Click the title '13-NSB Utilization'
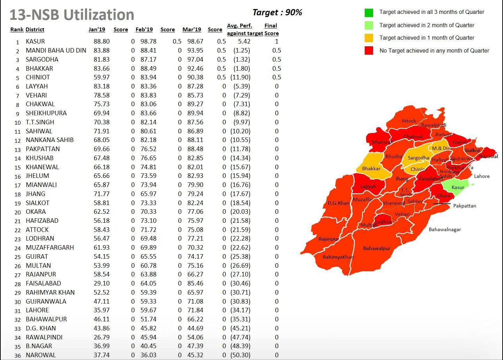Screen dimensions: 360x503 (x=72, y=15)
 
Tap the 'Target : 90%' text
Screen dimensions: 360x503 (x=277, y=13)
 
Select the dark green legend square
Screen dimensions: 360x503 (x=369, y=13)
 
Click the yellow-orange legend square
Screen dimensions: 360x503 (x=369, y=38)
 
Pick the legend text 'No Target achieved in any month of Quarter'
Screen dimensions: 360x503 (x=434, y=51)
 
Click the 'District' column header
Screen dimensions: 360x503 (x=35, y=30)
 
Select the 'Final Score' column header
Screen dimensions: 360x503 (x=271, y=30)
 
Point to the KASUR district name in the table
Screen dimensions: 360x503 (x=35, y=41)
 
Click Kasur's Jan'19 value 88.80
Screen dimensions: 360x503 (x=102, y=41)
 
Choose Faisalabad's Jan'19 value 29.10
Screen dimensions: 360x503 (x=102, y=283)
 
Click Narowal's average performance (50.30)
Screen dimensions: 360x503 (x=240, y=355)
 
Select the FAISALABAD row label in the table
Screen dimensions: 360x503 (x=43, y=283)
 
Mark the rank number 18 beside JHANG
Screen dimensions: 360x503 (x=17, y=194)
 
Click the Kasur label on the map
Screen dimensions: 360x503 (x=458, y=187)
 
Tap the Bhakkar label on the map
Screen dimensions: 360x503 (x=371, y=169)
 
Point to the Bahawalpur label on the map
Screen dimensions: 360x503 (x=377, y=249)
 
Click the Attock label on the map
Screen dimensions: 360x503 (x=409, y=121)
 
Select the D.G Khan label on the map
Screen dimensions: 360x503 (x=338, y=203)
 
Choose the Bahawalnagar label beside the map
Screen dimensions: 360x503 (x=444, y=229)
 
